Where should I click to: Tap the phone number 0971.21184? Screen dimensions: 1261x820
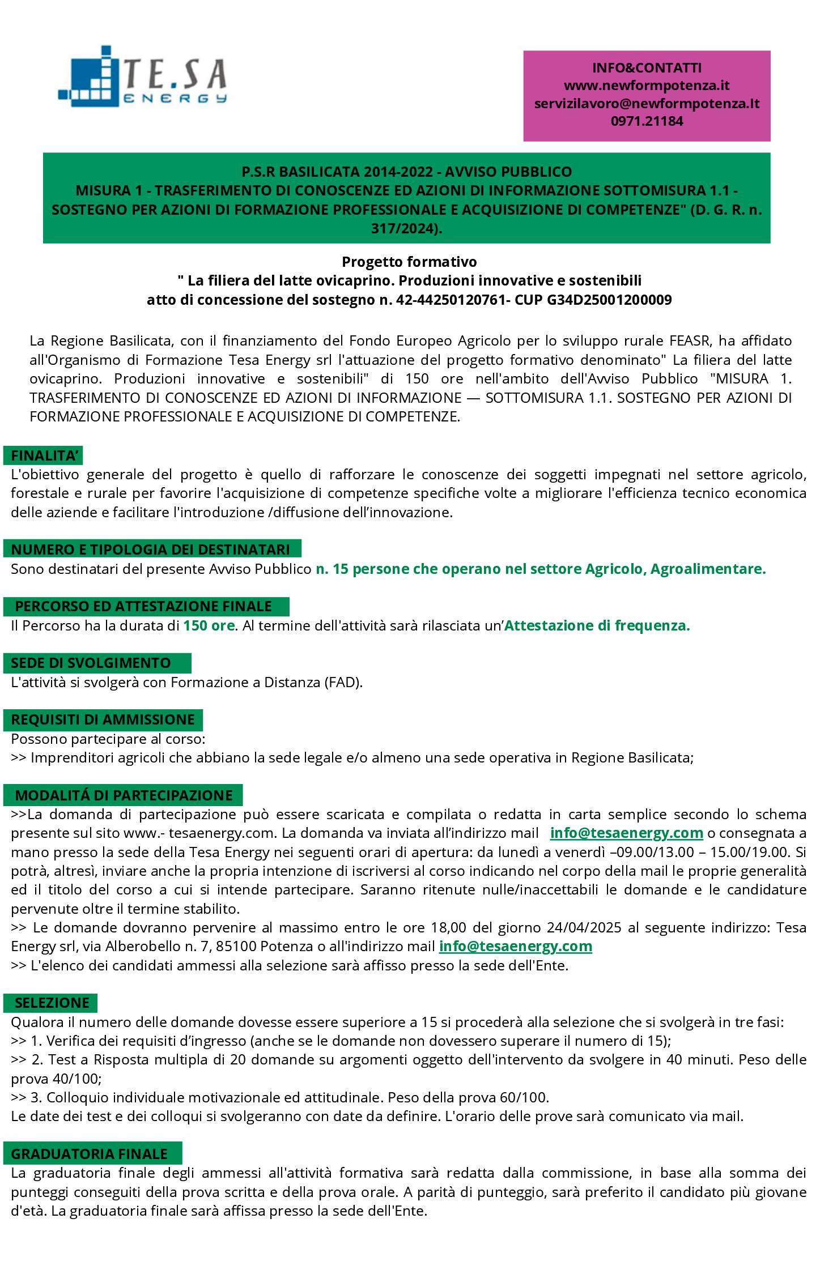coord(647,121)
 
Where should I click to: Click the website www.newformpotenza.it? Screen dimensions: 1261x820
coord(647,86)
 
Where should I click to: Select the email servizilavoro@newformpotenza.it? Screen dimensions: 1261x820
coord(647,103)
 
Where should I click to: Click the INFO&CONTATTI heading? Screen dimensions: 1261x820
coord(647,68)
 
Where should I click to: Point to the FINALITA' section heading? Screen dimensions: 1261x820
coord(46,455)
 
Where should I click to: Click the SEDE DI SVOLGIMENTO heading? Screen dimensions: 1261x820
coord(91,662)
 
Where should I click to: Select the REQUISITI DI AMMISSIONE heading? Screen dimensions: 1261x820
coord(103,719)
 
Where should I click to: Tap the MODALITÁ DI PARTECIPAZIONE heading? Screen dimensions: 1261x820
coord(124,795)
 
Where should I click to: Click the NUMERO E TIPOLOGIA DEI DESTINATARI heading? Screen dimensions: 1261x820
coord(151,549)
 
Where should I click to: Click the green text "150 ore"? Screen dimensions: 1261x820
coord(209,626)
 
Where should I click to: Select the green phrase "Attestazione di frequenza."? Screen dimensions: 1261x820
coord(597,626)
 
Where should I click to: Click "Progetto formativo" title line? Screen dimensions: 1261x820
coord(409,262)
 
